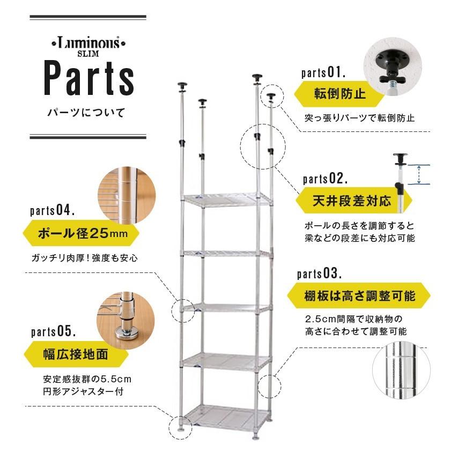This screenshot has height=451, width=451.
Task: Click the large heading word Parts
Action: (x=89, y=79)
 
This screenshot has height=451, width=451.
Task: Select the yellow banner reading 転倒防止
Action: (x=339, y=95)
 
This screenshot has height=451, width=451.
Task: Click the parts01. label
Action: (x=323, y=72)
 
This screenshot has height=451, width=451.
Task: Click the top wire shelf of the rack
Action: (x=227, y=199)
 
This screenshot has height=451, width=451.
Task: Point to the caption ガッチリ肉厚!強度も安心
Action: (x=85, y=258)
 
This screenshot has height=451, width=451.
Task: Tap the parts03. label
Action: (x=319, y=274)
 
